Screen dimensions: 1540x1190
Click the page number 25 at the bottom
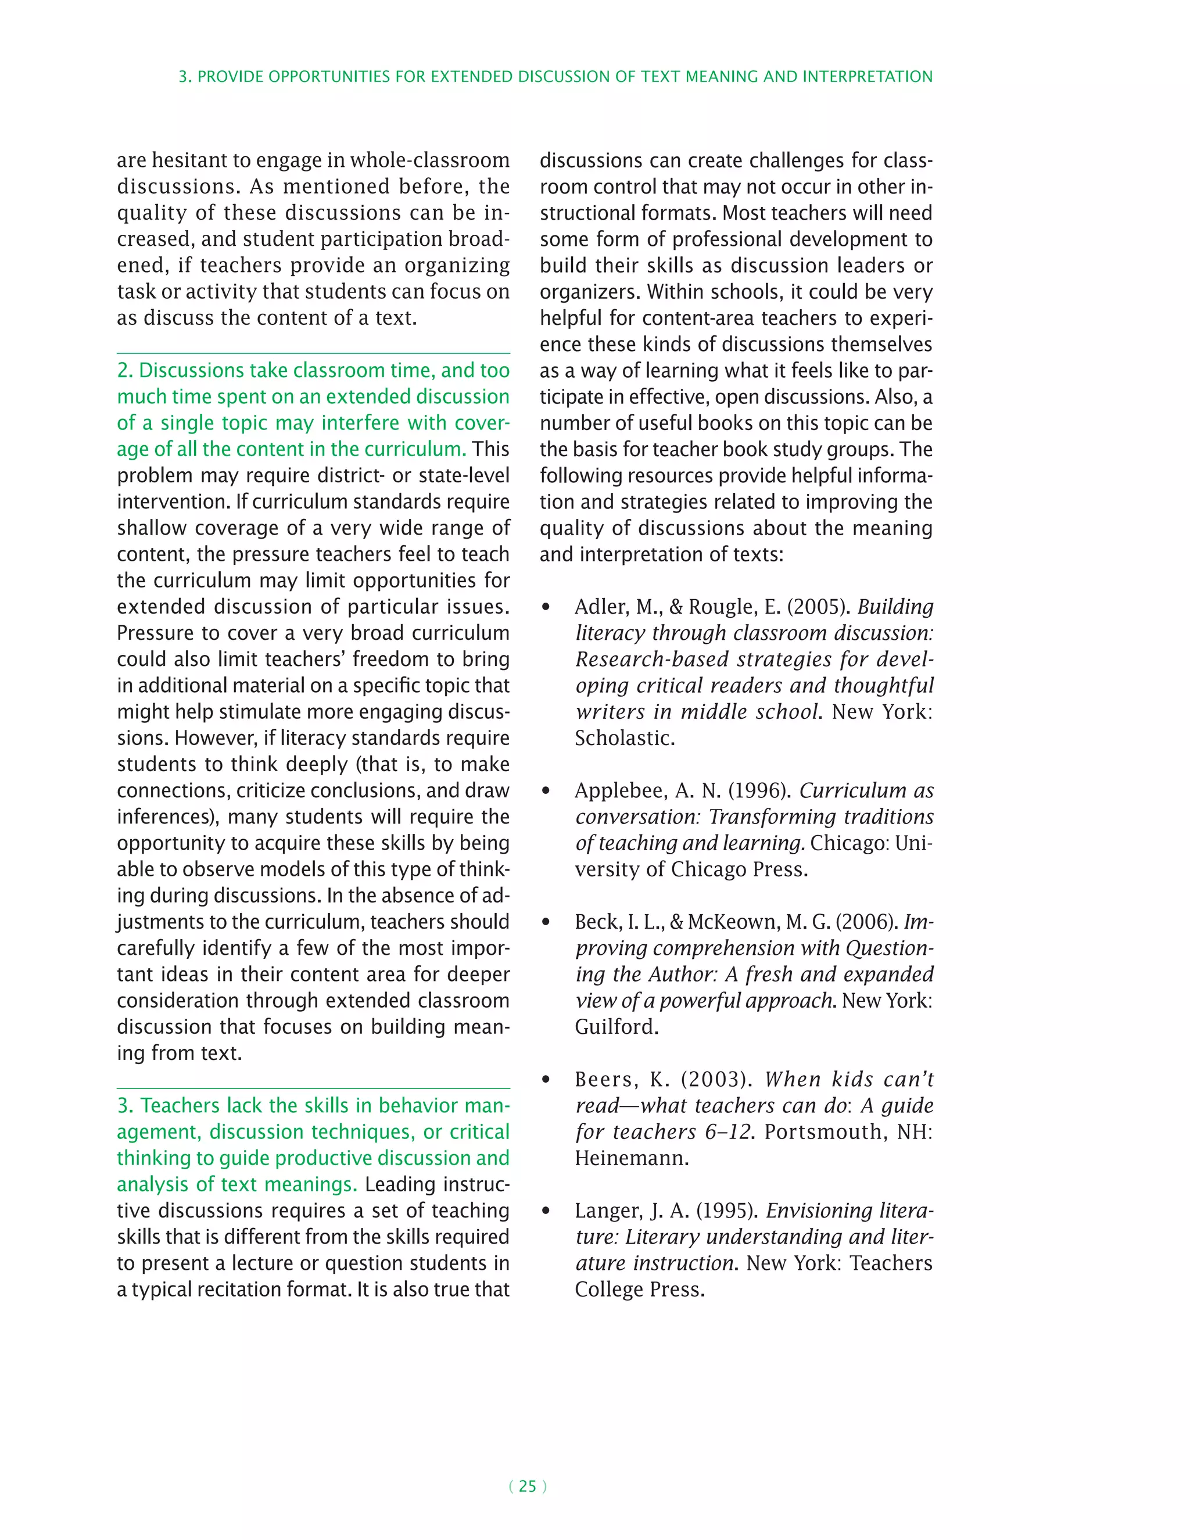point(528,1487)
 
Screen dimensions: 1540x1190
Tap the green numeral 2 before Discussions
point(123,371)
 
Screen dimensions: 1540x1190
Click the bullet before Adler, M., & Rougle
point(546,608)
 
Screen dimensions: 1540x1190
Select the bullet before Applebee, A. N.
point(546,791)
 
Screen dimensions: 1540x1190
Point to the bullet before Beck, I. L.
point(546,922)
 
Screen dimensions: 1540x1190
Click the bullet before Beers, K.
point(546,1080)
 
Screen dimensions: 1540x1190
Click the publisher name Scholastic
point(624,738)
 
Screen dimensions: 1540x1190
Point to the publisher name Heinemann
point(631,1159)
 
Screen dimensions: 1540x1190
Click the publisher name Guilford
point(615,1027)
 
